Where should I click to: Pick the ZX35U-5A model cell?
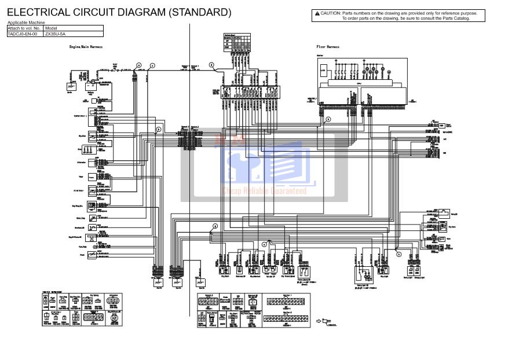pos(55,34)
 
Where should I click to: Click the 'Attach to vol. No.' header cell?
pos(24,28)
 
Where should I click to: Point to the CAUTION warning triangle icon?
pos(317,13)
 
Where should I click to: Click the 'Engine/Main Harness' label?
pos(86,46)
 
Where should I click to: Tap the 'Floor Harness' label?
pos(328,46)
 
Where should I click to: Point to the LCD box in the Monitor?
pos(324,72)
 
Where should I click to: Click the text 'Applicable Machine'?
pos(25,23)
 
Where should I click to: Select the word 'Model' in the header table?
pos(51,28)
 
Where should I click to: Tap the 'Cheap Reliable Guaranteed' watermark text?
pos(265,191)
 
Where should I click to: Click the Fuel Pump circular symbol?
pos(91,247)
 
